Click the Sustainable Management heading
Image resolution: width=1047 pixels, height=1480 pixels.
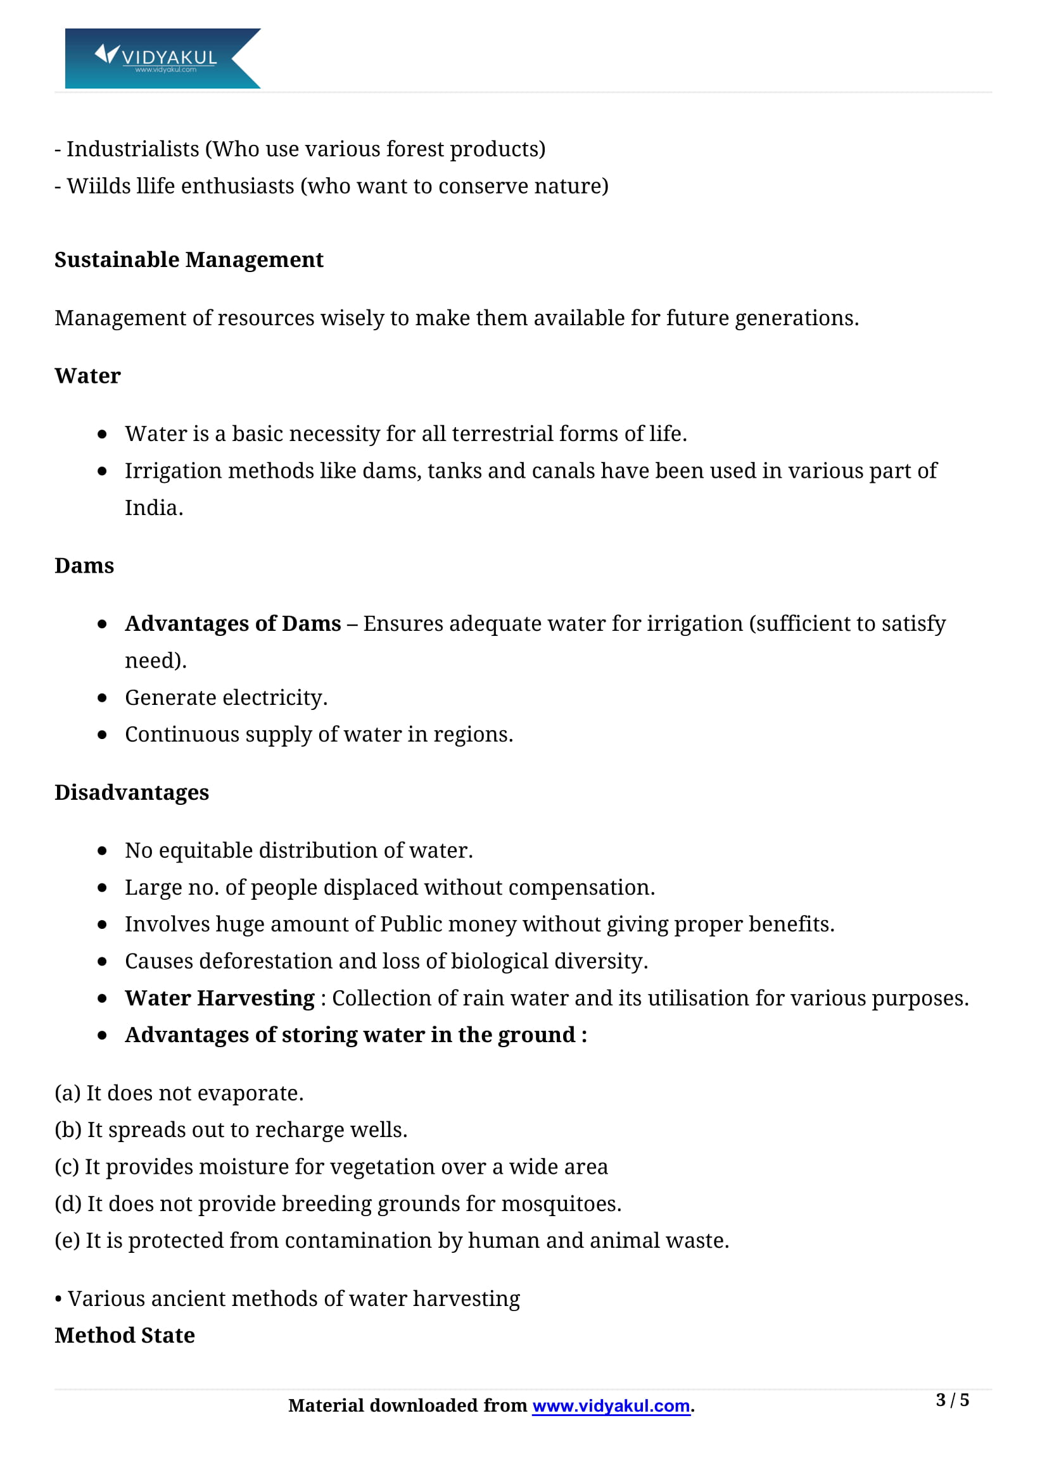point(188,260)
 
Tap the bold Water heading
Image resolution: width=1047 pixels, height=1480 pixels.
point(88,376)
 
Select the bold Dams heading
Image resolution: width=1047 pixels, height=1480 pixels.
point(84,565)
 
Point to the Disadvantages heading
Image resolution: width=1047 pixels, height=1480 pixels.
point(132,792)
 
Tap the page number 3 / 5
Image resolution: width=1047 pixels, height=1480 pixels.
point(951,1400)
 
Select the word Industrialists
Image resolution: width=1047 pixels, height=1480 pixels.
point(133,149)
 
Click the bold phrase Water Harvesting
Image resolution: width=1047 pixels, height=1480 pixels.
point(219,998)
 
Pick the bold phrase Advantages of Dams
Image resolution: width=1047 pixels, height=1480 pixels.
point(233,624)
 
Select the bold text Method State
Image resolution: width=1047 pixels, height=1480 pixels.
point(125,1336)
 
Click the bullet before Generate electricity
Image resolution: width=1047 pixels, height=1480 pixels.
point(102,698)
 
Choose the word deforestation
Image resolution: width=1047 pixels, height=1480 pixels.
point(266,961)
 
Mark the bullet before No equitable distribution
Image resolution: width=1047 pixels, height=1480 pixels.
point(102,851)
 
